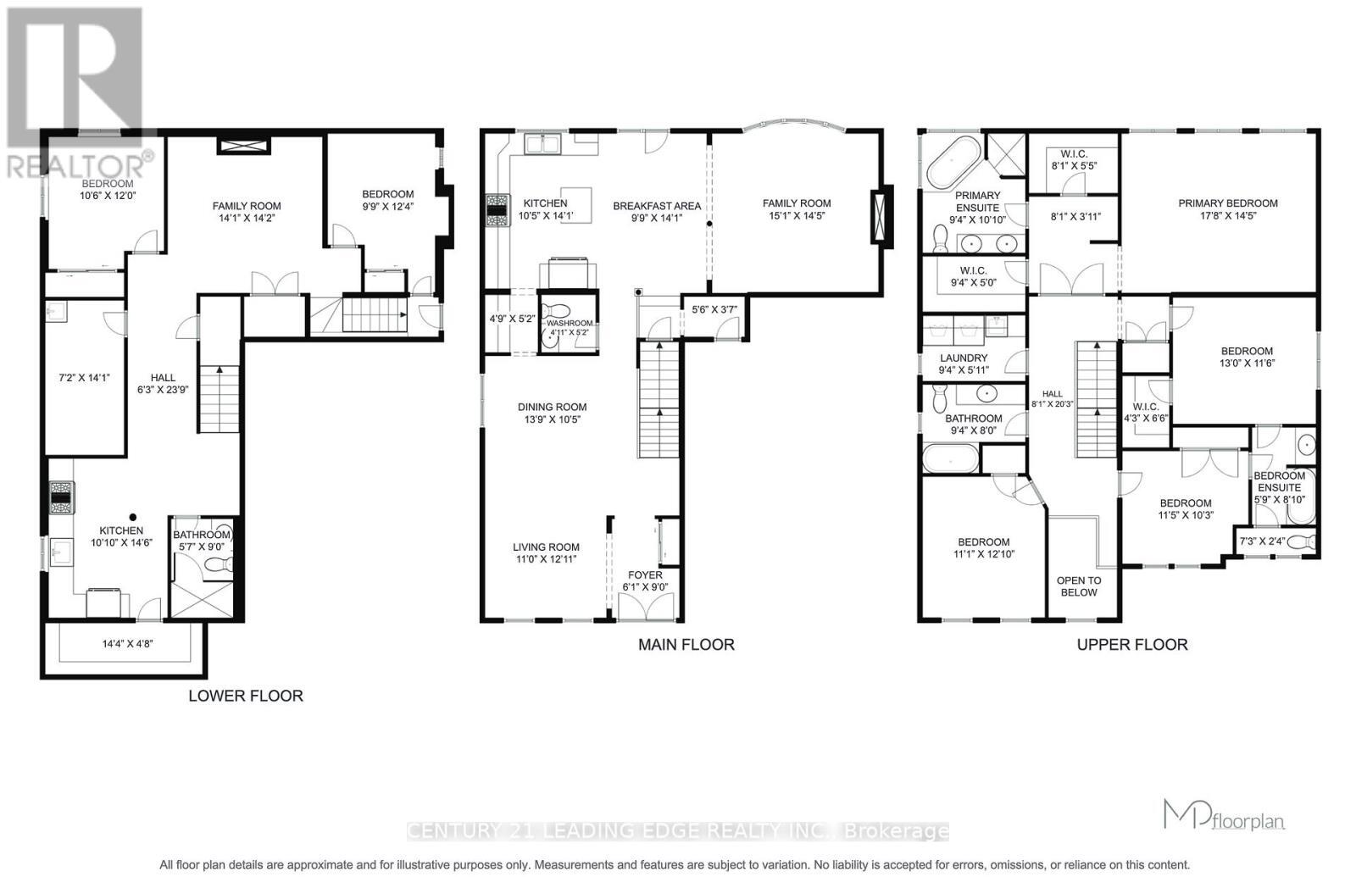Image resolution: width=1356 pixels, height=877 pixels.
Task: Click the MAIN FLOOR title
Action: [686, 645]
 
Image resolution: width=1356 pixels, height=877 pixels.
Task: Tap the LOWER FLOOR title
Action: [245, 696]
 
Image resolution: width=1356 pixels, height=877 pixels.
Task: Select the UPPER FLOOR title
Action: [1131, 645]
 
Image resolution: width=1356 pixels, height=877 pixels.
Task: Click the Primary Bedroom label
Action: [1227, 203]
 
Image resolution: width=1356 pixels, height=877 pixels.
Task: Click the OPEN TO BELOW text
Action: [1078, 586]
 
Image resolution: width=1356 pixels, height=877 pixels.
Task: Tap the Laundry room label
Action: [963, 358]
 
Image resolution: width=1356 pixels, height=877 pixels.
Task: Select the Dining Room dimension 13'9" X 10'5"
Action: [552, 419]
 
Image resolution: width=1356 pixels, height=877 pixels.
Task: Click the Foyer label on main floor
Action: [645, 575]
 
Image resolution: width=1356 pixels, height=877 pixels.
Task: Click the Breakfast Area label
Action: [657, 206]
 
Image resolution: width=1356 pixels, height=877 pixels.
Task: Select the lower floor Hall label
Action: [163, 378]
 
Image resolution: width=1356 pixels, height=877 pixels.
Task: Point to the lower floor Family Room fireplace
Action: [244, 147]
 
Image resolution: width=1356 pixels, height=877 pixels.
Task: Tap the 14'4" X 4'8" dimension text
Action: [127, 644]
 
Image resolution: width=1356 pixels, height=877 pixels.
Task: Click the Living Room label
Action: [546, 547]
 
